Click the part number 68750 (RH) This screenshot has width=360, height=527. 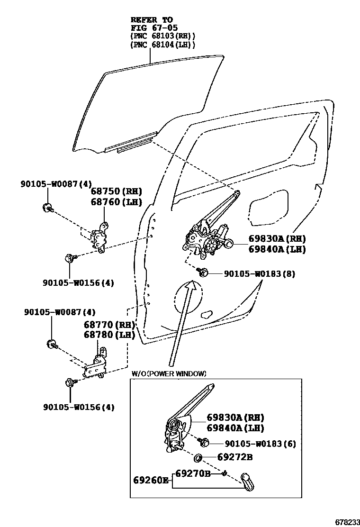(x=116, y=191)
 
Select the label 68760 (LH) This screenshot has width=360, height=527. (x=116, y=202)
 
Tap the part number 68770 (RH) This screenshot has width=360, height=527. (x=109, y=325)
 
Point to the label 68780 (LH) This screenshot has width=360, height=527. (x=109, y=335)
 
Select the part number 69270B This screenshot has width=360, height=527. (x=192, y=472)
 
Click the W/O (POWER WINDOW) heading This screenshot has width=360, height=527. (x=169, y=373)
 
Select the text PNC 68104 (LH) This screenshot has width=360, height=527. (x=163, y=44)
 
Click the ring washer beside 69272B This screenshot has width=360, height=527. (x=199, y=458)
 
